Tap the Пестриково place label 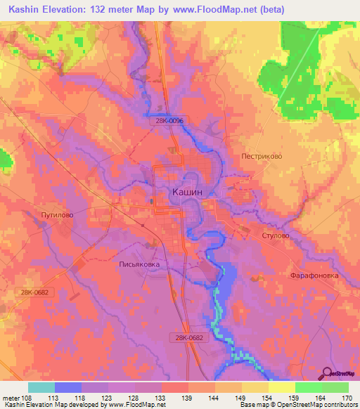pos(262,157)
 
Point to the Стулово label pos(275,236)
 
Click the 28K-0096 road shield pos(169,121)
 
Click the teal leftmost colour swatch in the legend pos(41,387)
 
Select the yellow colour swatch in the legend pos(281,387)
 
